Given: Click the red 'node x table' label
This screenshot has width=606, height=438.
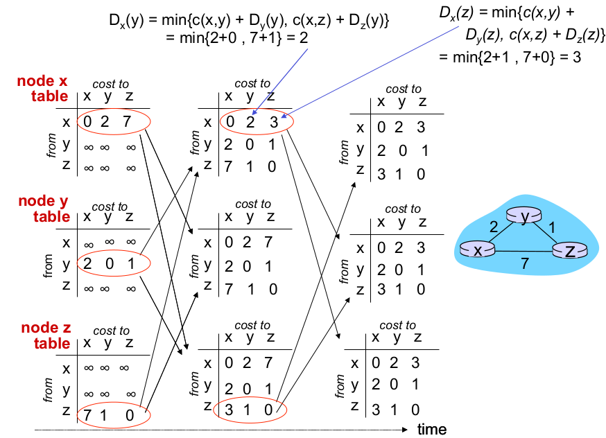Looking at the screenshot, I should point(43,89).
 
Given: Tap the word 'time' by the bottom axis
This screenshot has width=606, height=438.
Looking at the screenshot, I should point(431,430).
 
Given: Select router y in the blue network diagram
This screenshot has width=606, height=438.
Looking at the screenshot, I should point(525,217).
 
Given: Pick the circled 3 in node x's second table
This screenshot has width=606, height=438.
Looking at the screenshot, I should point(274,123).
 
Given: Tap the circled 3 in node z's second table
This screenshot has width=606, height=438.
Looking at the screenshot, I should point(229,410).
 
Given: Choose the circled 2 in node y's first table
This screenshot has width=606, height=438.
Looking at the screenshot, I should point(86,263).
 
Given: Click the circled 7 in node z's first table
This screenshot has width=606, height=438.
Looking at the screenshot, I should point(87,414).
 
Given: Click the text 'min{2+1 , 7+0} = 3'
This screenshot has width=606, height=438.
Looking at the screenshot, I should point(510,57).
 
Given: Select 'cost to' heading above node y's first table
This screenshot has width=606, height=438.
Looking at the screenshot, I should point(110,207).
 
